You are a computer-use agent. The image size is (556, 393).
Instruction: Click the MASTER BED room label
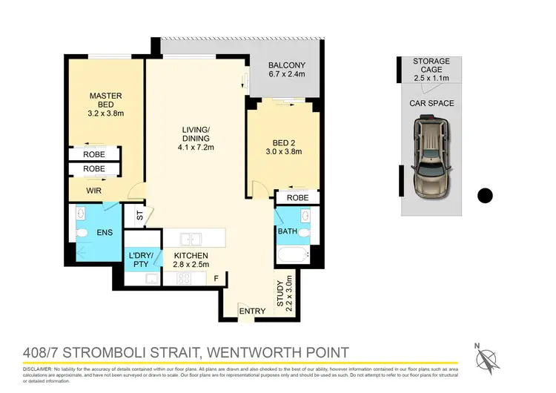coord(105,101)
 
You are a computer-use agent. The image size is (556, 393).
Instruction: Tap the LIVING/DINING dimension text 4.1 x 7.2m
coord(196,148)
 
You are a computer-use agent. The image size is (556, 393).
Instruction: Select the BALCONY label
coord(285,65)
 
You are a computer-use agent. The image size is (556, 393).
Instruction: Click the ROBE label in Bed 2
coord(297,199)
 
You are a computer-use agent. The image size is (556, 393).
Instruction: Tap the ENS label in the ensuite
coord(105,233)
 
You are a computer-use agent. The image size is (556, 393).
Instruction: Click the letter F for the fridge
coord(216,280)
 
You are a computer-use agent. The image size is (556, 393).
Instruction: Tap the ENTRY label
coord(252,311)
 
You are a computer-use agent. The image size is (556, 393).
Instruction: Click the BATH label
coord(287,231)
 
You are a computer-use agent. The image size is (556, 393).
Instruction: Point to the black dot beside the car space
coord(484,196)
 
